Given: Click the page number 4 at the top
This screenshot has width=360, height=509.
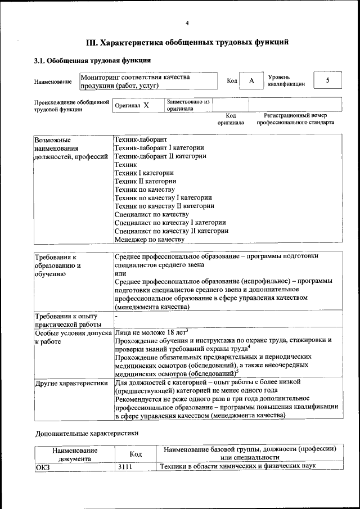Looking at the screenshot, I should point(187,22).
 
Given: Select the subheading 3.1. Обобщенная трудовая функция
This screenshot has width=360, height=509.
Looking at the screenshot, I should point(92,60).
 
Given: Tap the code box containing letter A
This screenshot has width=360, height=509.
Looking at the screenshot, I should point(251,81).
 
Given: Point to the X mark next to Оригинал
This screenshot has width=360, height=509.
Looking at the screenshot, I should point(146,105).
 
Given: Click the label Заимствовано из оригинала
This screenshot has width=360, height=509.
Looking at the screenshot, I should point(188,105).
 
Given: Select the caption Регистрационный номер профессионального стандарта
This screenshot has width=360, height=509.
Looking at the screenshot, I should point(295,119).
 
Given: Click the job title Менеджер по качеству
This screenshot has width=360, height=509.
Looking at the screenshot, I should point(149,239).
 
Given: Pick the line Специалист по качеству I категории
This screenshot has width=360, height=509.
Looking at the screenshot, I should point(170,222).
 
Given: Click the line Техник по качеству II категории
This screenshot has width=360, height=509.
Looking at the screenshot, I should point(164,205).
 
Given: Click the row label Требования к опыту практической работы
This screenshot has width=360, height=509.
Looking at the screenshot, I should point(68,320).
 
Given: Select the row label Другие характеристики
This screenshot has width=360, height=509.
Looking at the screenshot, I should point(71,383).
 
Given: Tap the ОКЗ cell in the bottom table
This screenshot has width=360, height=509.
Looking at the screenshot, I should point(43,466).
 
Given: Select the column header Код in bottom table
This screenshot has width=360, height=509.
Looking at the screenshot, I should point(128,453).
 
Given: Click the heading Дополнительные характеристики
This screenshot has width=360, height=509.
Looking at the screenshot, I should point(87,434).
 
